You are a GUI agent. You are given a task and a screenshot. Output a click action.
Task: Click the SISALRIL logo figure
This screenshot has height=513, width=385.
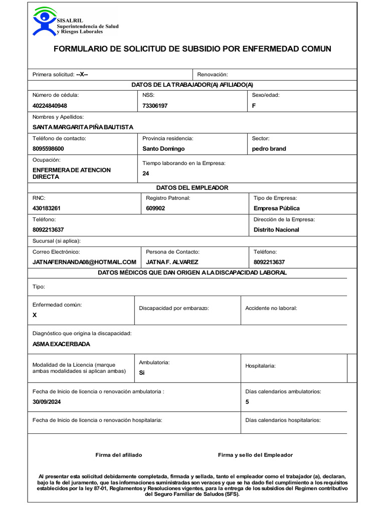pyautogui.click(x=45, y=21)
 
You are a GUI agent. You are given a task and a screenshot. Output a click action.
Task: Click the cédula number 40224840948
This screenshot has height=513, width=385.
pyautogui.click(x=50, y=106)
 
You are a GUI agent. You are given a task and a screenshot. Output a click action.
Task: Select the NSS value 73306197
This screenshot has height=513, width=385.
pyautogui.click(x=155, y=106)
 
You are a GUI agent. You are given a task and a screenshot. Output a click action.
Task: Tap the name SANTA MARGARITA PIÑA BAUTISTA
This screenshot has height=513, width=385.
pyautogui.click(x=83, y=127)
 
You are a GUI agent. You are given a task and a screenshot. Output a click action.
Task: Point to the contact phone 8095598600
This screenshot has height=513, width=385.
pyautogui.click(x=48, y=149)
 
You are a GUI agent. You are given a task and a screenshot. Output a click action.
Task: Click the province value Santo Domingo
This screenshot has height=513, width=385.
pyautogui.click(x=163, y=149)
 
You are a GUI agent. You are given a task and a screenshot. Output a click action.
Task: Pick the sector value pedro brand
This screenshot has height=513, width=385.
pyautogui.click(x=269, y=149)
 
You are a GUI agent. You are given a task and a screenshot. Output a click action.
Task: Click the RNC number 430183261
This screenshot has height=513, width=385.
pyautogui.click(x=47, y=208)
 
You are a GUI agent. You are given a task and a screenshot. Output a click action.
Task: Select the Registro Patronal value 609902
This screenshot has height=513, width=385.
pyautogui.click(x=155, y=208)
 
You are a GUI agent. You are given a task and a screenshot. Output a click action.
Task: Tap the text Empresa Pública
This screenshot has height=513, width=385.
pyautogui.click(x=277, y=208)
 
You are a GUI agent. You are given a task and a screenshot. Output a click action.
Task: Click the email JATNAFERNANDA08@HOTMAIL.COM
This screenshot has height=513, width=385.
pyautogui.click(x=84, y=262)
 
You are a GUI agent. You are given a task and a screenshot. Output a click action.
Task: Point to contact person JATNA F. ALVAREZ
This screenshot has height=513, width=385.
pyautogui.click(x=172, y=262)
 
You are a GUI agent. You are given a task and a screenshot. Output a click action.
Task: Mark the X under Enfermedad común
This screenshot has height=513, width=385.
pyautogui.click(x=35, y=315)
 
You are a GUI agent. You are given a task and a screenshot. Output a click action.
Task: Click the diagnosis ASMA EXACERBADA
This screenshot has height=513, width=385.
pyautogui.click(x=61, y=344)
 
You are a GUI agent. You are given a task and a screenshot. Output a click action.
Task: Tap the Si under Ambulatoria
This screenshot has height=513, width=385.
pyautogui.click(x=141, y=373)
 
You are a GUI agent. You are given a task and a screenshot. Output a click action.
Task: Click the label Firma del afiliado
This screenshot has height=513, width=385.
pyautogui.click(x=119, y=455)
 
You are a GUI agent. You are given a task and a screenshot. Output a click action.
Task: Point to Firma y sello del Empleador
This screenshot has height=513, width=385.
pyautogui.click(x=255, y=455)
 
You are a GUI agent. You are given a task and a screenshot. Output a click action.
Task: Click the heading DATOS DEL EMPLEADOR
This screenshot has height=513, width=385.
pyautogui.click(x=192, y=187)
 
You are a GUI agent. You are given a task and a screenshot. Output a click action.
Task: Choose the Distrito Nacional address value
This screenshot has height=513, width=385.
pyautogui.click(x=276, y=230)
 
